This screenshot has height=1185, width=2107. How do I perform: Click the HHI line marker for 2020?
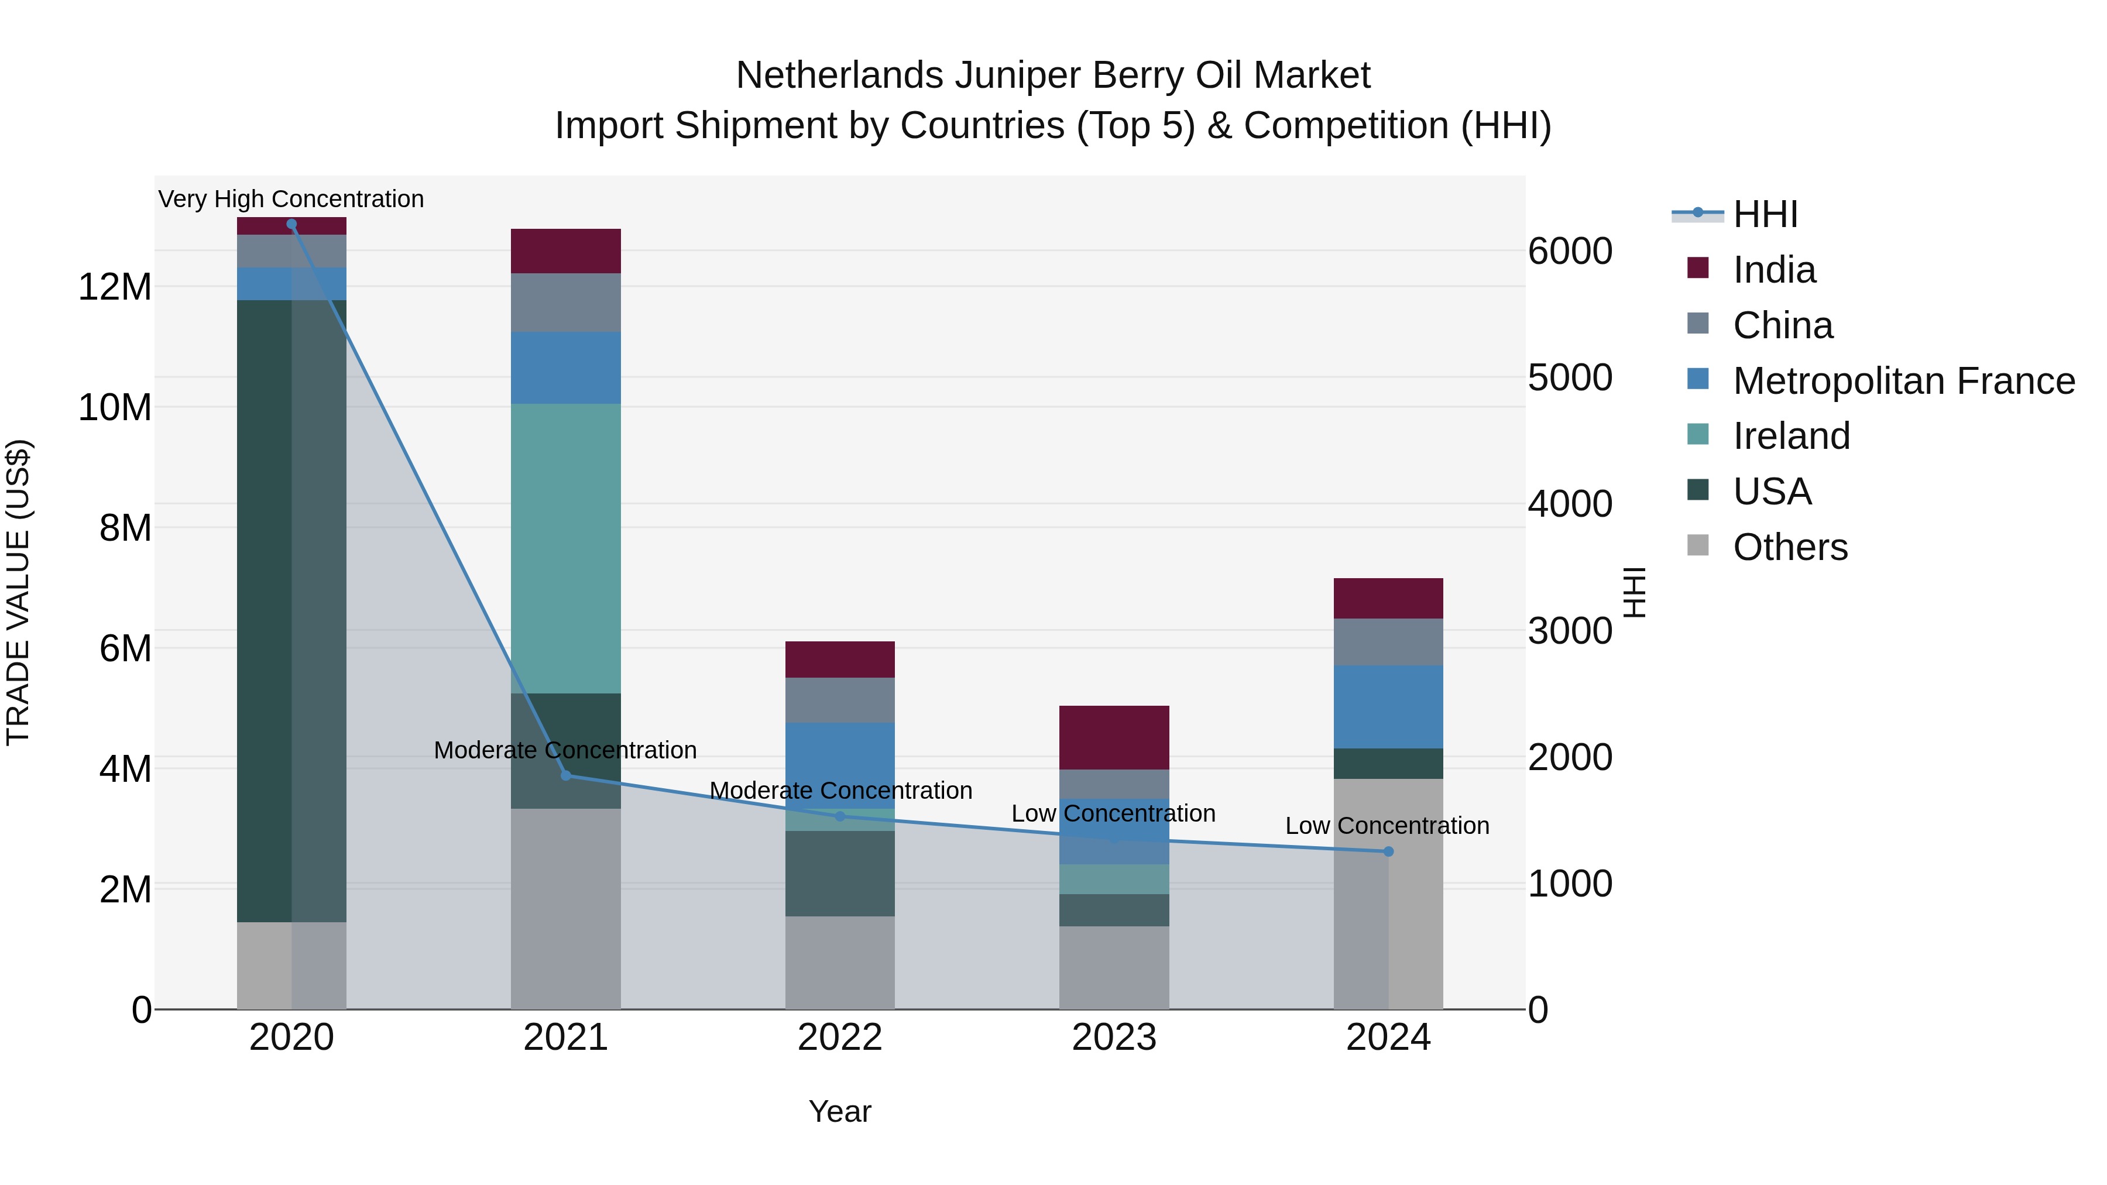tap(291, 224)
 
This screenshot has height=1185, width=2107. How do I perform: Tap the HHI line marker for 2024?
tap(1388, 851)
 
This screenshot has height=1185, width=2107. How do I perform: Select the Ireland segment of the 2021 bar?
tap(565, 548)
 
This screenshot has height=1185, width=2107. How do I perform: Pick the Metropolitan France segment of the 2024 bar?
tap(1388, 706)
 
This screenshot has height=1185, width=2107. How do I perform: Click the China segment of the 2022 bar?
tap(840, 700)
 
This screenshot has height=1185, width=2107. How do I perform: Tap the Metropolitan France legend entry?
tap(1903, 381)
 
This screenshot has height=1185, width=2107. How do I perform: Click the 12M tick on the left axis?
tap(115, 287)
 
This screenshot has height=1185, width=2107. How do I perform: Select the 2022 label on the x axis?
tap(840, 1038)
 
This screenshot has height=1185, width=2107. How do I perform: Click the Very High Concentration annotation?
tap(291, 199)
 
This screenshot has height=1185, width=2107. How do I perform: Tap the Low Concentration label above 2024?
tap(1387, 826)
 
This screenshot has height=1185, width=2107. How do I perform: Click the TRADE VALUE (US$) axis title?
tap(18, 592)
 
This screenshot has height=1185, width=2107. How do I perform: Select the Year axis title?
tap(840, 1111)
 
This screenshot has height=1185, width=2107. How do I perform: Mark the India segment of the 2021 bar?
tap(565, 251)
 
